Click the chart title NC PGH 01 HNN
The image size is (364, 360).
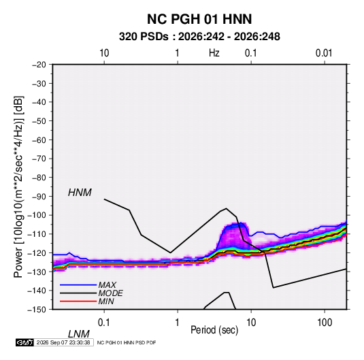[199, 19]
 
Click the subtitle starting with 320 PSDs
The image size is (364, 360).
[199, 37]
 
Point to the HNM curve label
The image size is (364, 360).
[80, 193]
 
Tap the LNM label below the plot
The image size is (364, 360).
[79, 334]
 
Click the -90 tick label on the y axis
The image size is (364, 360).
[39, 197]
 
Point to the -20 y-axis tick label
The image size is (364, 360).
[39, 65]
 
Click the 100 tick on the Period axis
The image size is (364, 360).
[325, 323]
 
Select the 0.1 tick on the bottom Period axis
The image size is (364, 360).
[104, 323]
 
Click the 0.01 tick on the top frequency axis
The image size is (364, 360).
[324, 53]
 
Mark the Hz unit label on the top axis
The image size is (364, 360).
[214, 53]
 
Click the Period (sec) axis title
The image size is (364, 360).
[214, 330]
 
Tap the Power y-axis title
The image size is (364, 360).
[18, 187]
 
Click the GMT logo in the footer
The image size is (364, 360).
[25, 342]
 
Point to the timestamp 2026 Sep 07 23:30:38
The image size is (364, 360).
[63, 342]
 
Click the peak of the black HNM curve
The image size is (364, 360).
[226, 208]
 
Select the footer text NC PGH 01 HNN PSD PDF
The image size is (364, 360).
[127, 342]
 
